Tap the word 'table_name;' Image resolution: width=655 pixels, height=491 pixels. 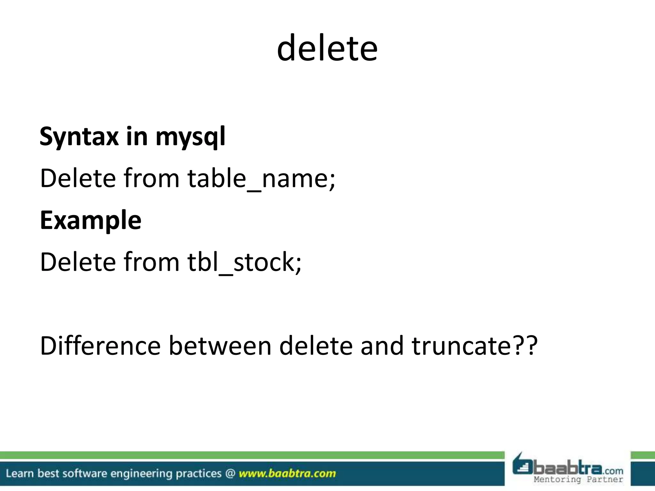point(261,178)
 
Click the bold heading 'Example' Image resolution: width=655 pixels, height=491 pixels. point(91,221)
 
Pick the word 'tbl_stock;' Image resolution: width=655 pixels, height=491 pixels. point(244,262)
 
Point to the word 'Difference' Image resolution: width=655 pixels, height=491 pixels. point(100,346)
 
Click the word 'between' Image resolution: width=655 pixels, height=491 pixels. point(220,346)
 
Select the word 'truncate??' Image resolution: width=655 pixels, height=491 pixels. point(475,346)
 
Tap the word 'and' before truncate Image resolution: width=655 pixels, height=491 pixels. point(382,346)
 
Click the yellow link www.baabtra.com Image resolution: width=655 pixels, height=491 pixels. point(287,473)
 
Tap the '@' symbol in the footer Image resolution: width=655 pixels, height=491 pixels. point(230,473)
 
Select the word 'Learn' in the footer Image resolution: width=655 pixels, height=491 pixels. point(20,473)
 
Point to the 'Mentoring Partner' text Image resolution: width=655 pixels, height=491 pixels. point(578,479)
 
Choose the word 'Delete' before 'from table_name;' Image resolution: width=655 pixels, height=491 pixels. point(78,178)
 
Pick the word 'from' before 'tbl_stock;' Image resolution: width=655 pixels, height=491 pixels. point(151,262)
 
